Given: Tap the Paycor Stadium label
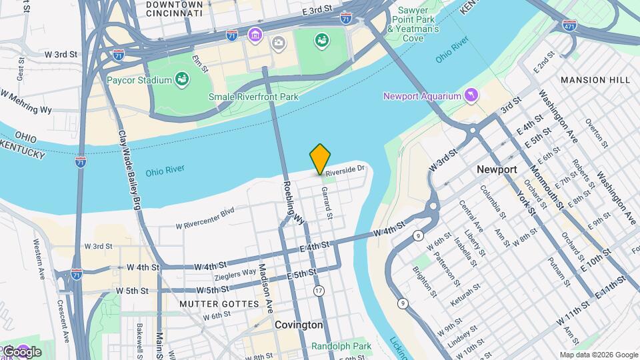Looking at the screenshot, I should [139, 81].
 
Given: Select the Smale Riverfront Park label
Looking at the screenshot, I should [253, 97].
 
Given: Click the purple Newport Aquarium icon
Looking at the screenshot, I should [472, 96].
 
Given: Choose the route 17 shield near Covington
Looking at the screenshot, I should [319, 291].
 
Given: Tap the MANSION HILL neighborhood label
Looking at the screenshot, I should [595, 80].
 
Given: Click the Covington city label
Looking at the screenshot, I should [299, 325].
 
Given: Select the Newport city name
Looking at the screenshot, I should [497, 170].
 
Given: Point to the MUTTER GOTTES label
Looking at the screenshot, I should [219, 304].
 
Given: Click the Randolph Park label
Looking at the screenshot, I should [341, 347].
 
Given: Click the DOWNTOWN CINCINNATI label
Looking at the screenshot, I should [174, 8].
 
